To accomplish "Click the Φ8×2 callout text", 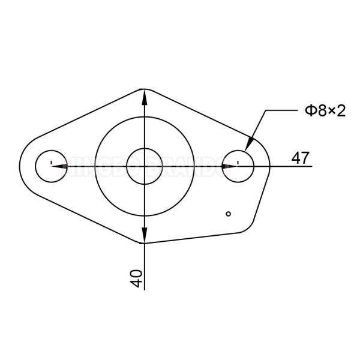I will [325, 111].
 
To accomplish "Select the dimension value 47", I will [301, 158].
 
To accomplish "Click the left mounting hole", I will [52, 165].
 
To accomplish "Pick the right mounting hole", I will [239, 165].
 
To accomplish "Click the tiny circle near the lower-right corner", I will [227, 213].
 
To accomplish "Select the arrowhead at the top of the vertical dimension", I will [144, 96].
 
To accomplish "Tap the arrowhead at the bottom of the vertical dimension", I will [144, 235].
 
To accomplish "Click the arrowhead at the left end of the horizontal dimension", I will [58, 166].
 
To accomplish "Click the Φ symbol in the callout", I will [310, 111].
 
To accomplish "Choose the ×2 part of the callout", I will [337, 111].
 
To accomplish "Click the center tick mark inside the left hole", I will [52, 163].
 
